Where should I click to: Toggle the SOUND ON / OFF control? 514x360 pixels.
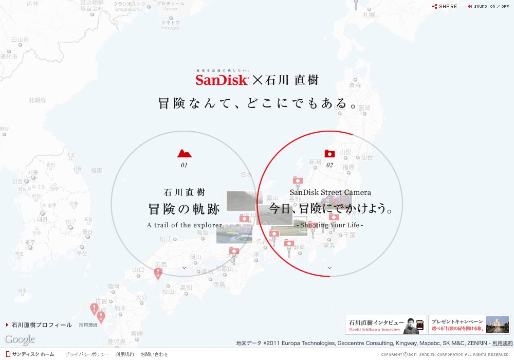click(x=488, y=7)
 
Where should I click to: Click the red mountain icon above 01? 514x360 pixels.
click(x=184, y=153)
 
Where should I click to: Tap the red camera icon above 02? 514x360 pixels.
click(x=329, y=153)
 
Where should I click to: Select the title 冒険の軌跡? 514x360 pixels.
click(x=184, y=209)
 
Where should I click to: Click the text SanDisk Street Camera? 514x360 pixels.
click(x=330, y=192)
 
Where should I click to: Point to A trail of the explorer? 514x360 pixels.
click(x=184, y=225)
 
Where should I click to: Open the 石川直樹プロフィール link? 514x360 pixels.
click(x=42, y=325)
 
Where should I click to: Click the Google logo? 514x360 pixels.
click(x=20, y=339)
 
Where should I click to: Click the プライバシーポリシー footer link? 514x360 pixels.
click(x=86, y=354)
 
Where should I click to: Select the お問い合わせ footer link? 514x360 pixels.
click(x=154, y=354)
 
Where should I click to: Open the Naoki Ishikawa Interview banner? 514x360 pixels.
click(x=385, y=325)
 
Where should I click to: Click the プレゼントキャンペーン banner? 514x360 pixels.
click(x=469, y=325)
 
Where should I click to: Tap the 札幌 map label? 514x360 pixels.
click(x=369, y=15)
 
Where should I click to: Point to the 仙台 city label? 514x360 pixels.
click(x=367, y=157)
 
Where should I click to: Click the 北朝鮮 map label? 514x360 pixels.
click(x=37, y=100)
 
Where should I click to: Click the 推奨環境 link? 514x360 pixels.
click(x=88, y=325)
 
